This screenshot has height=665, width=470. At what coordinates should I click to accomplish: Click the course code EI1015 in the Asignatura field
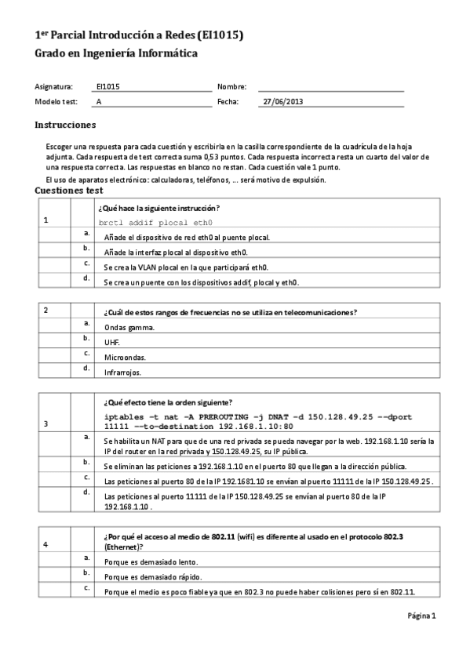click(x=107, y=86)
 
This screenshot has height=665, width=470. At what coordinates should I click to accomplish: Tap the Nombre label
click(x=231, y=86)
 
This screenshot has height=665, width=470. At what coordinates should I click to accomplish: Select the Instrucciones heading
click(x=65, y=125)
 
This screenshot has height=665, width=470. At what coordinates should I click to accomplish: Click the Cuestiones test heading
click(x=69, y=190)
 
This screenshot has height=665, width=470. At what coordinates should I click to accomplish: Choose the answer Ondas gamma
click(x=129, y=327)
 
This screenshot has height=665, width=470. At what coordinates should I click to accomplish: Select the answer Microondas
click(x=124, y=357)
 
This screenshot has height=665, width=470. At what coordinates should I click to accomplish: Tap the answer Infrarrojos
click(x=122, y=372)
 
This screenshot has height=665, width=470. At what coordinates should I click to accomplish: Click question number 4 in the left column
click(x=46, y=543)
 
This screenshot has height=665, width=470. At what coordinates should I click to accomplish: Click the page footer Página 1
click(x=421, y=616)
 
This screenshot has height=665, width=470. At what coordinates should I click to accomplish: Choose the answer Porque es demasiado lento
click(x=151, y=561)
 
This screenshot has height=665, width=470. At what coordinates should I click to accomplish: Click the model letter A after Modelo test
click(x=98, y=101)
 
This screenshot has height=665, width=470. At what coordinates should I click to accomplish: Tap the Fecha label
click(x=228, y=101)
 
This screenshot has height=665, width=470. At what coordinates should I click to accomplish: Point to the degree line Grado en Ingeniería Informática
click(x=116, y=53)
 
